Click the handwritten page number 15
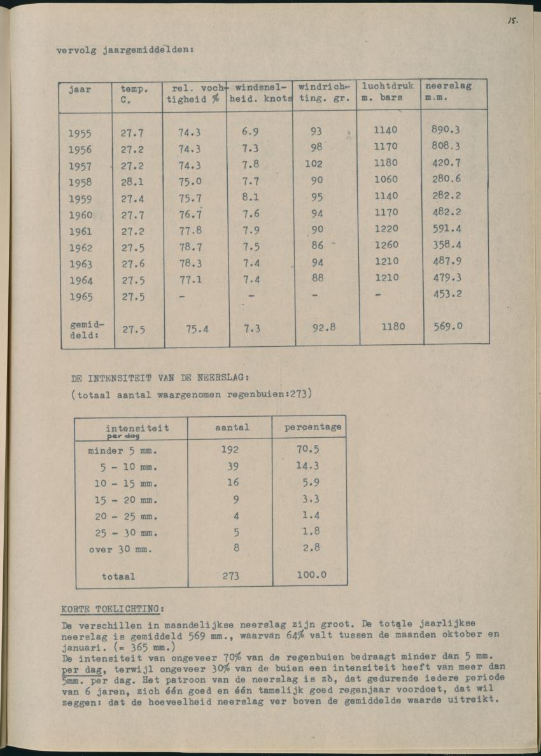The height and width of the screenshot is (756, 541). click(512, 20)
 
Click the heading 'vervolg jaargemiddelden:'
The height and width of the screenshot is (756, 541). click(125, 50)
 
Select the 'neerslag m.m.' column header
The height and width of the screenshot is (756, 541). click(448, 92)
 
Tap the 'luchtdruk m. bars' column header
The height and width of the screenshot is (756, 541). click(388, 92)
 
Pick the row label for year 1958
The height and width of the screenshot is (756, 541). click(80, 183)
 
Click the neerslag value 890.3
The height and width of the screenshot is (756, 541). click(446, 130)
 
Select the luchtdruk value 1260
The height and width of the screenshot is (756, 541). click(386, 245)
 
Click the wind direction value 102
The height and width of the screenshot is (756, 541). click(314, 164)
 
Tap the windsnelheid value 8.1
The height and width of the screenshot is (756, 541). click(250, 197)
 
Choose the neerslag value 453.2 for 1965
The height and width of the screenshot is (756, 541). click(446, 294)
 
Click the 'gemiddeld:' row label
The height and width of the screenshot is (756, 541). click(84, 329)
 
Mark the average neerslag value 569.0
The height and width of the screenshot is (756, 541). click(447, 326)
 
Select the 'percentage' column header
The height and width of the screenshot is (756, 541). click(313, 427)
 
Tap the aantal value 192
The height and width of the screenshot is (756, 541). click(230, 449)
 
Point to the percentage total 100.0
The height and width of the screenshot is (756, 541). click(311, 575)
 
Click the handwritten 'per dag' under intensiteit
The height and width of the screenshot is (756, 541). click(123, 437)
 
